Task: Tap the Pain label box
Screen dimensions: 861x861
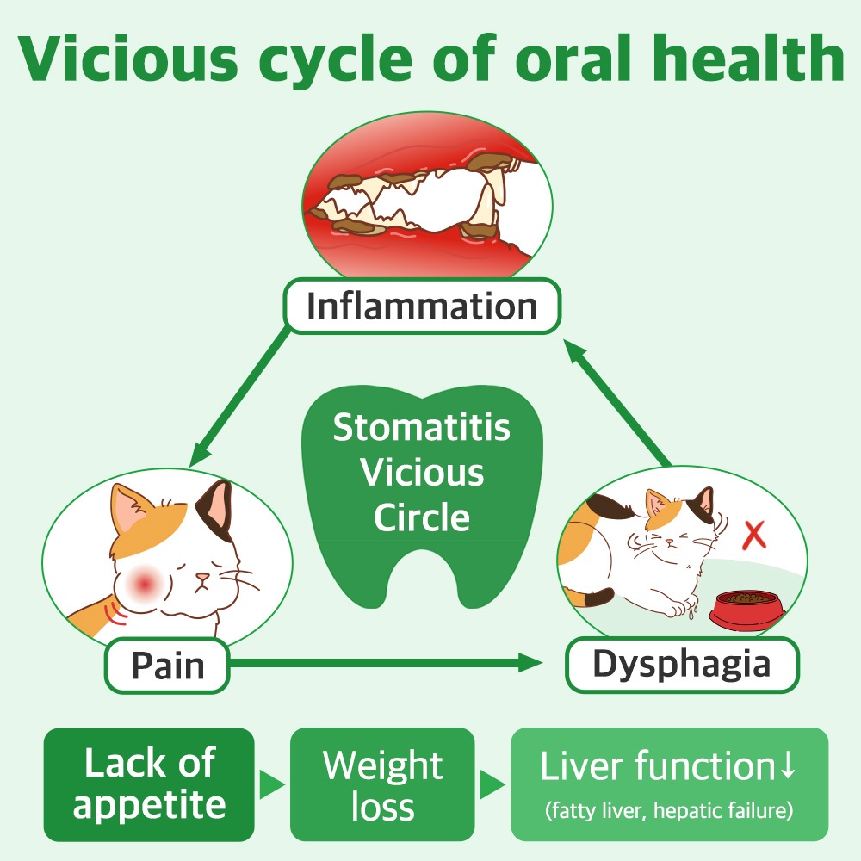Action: [167, 666]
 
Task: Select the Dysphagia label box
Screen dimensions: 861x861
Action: [682, 664]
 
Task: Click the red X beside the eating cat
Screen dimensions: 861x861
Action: [754, 535]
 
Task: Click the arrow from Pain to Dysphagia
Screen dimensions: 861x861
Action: [387, 662]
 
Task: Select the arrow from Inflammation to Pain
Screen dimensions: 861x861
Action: [240, 397]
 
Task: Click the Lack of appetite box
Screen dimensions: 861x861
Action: [149, 784]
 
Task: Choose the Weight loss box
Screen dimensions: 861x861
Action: [382, 784]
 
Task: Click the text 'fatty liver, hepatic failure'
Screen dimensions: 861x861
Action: [669, 810]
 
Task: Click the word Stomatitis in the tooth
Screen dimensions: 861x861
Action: [421, 428]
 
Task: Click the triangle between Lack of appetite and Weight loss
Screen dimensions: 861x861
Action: [272, 784]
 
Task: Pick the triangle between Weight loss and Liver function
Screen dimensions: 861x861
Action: [492, 784]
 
